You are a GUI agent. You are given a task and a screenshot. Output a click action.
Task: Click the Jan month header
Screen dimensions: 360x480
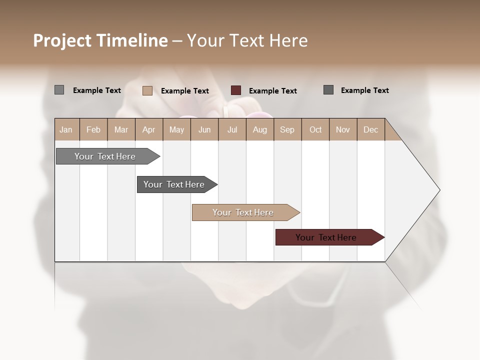pos(66,129)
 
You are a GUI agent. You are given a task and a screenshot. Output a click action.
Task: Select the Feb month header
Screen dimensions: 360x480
pos(93,129)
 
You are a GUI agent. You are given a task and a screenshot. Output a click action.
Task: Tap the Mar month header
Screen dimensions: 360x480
pos(121,129)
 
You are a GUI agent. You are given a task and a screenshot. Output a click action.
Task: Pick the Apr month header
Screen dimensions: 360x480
pos(149,129)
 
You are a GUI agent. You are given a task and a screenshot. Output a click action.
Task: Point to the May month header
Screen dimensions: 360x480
pos(176,129)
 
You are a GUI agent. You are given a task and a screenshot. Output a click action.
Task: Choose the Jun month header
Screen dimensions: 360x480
pos(204,129)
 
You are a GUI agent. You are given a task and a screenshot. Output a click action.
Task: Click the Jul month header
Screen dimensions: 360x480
pos(232,129)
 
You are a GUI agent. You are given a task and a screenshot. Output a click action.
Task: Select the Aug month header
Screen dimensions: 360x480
pos(260,129)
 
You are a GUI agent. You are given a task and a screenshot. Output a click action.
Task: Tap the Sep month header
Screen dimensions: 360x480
pos(287,129)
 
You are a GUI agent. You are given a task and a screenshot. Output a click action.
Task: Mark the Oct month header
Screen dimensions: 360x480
pos(315,129)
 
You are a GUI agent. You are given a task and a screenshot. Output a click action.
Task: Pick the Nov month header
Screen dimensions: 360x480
pos(343,129)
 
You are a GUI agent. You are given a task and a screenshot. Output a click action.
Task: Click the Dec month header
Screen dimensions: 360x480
pos(371,129)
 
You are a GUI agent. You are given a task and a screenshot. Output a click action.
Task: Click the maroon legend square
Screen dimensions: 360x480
pos(236,90)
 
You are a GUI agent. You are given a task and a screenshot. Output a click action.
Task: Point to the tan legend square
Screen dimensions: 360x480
pos(147,90)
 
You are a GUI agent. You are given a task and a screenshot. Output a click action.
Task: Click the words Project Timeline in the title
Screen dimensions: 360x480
pos(100,40)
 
